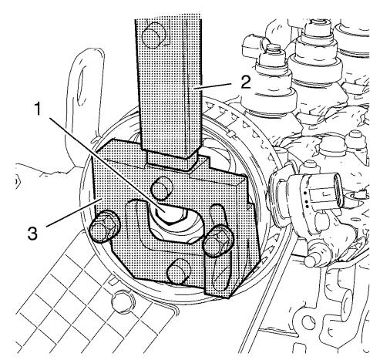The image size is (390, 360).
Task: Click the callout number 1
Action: (x=38, y=109)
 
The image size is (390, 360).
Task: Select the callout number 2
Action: (x=245, y=82)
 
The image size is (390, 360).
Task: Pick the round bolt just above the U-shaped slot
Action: (x=162, y=188)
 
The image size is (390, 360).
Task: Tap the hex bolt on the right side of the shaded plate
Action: (x=217, y=241)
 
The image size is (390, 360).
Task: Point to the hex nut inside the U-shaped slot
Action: (x=172, y=214)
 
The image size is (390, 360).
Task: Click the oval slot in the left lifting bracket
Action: (x=82, y=88)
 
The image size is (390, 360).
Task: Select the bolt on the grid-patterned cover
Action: (x=122, y=301)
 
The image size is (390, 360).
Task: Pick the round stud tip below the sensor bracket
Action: (x=310, y=259)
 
